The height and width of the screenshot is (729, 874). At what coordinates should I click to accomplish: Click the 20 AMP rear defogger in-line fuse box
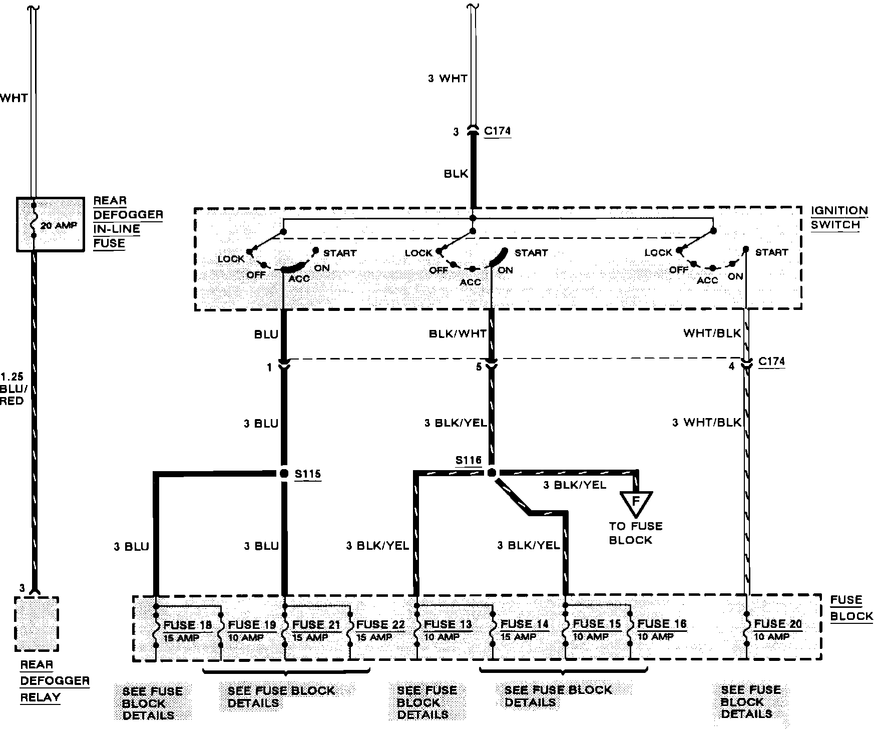click(x=50, y=224)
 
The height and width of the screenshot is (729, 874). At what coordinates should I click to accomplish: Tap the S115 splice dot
click(x=284, y=473)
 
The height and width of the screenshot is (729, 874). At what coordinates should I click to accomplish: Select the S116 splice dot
click(x=492, y=473)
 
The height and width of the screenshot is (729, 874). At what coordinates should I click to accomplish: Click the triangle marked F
click(x=636, y=503)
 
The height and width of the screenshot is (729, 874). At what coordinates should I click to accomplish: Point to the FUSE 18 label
click(x=187, y=625)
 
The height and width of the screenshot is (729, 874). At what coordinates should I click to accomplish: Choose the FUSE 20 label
click(x=778, y=624)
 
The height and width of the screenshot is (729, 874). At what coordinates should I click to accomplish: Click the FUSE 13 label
click(x=448, y=624)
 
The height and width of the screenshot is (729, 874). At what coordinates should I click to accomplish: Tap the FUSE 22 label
click(x=380, y=624)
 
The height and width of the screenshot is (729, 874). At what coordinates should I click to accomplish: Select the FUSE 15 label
click(x=597, y=624)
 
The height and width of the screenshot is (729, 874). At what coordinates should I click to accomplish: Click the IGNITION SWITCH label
click(x=839, y=218)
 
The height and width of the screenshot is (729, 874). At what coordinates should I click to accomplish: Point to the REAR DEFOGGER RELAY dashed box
click(x=37, y=624)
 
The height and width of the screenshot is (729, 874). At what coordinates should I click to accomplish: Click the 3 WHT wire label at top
click(x=448, y=79)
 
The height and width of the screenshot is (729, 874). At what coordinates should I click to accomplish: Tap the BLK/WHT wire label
click(x=458, y=334)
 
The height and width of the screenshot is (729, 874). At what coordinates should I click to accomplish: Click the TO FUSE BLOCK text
click(x=635, y=533)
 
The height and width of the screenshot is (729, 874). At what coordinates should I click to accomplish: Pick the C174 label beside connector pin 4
click(x=771, y=361)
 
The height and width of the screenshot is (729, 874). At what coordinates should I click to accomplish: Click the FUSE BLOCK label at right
click(x=851, y=608)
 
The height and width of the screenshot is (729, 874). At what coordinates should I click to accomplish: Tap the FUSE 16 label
click(x=662, y=624)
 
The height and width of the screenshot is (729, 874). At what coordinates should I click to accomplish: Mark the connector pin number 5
click(x=479, y=368)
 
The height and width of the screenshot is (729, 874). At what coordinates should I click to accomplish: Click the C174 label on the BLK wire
click(x=497, y=131)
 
